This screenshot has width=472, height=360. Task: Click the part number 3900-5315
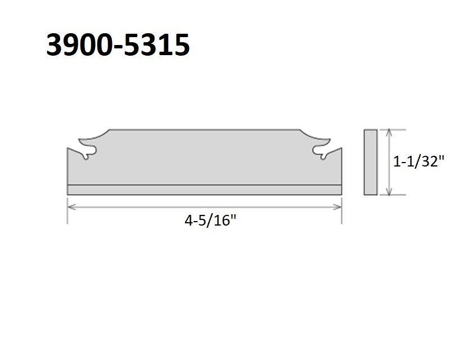point(118,45)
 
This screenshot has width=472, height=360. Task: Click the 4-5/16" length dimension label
point(210,220)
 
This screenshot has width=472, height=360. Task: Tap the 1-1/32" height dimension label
point(419,162)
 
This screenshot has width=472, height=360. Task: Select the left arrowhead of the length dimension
point(71,207)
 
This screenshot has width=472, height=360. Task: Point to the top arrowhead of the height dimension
point(389,133)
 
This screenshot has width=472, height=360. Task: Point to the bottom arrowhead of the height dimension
point(389,191)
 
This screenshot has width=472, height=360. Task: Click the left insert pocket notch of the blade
point(88,151)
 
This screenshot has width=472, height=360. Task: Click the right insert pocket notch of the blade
point(321,151)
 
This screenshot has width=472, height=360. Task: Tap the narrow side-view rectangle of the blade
point(371,162)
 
